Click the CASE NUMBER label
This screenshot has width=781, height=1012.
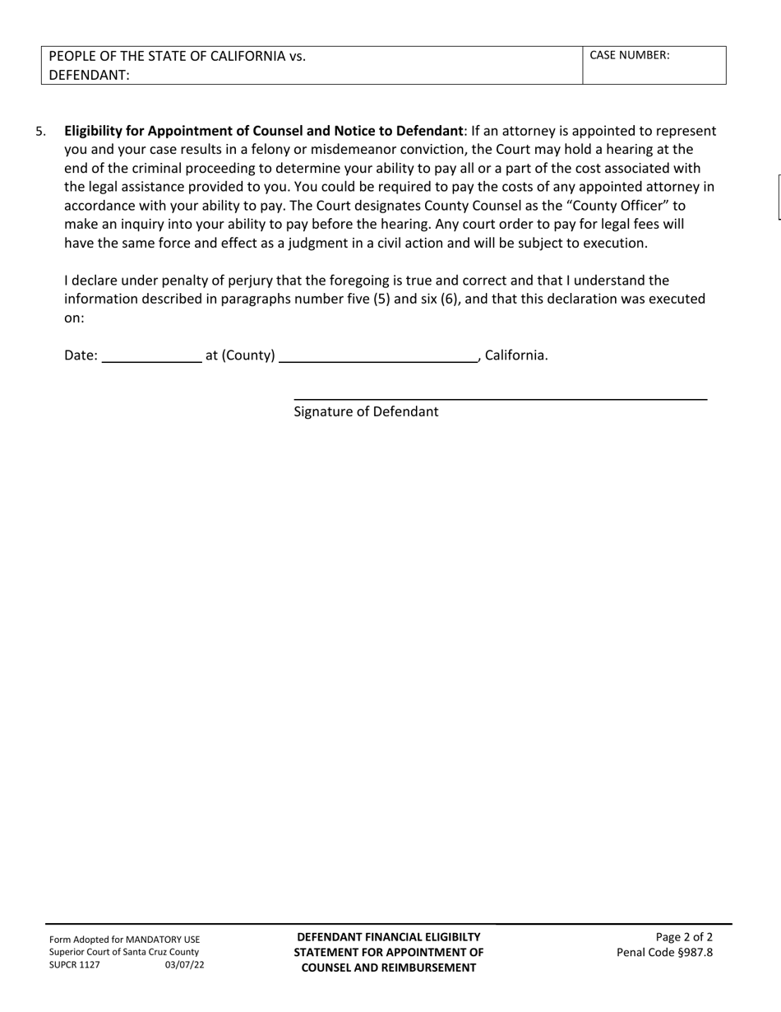630,56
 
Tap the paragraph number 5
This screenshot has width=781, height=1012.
40,131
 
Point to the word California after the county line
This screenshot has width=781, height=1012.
515,355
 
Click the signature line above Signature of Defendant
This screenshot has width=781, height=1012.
500,399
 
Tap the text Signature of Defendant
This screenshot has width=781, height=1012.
366,411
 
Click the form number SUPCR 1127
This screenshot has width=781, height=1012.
75,965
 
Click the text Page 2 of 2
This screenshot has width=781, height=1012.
684,937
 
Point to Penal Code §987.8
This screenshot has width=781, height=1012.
665,953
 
